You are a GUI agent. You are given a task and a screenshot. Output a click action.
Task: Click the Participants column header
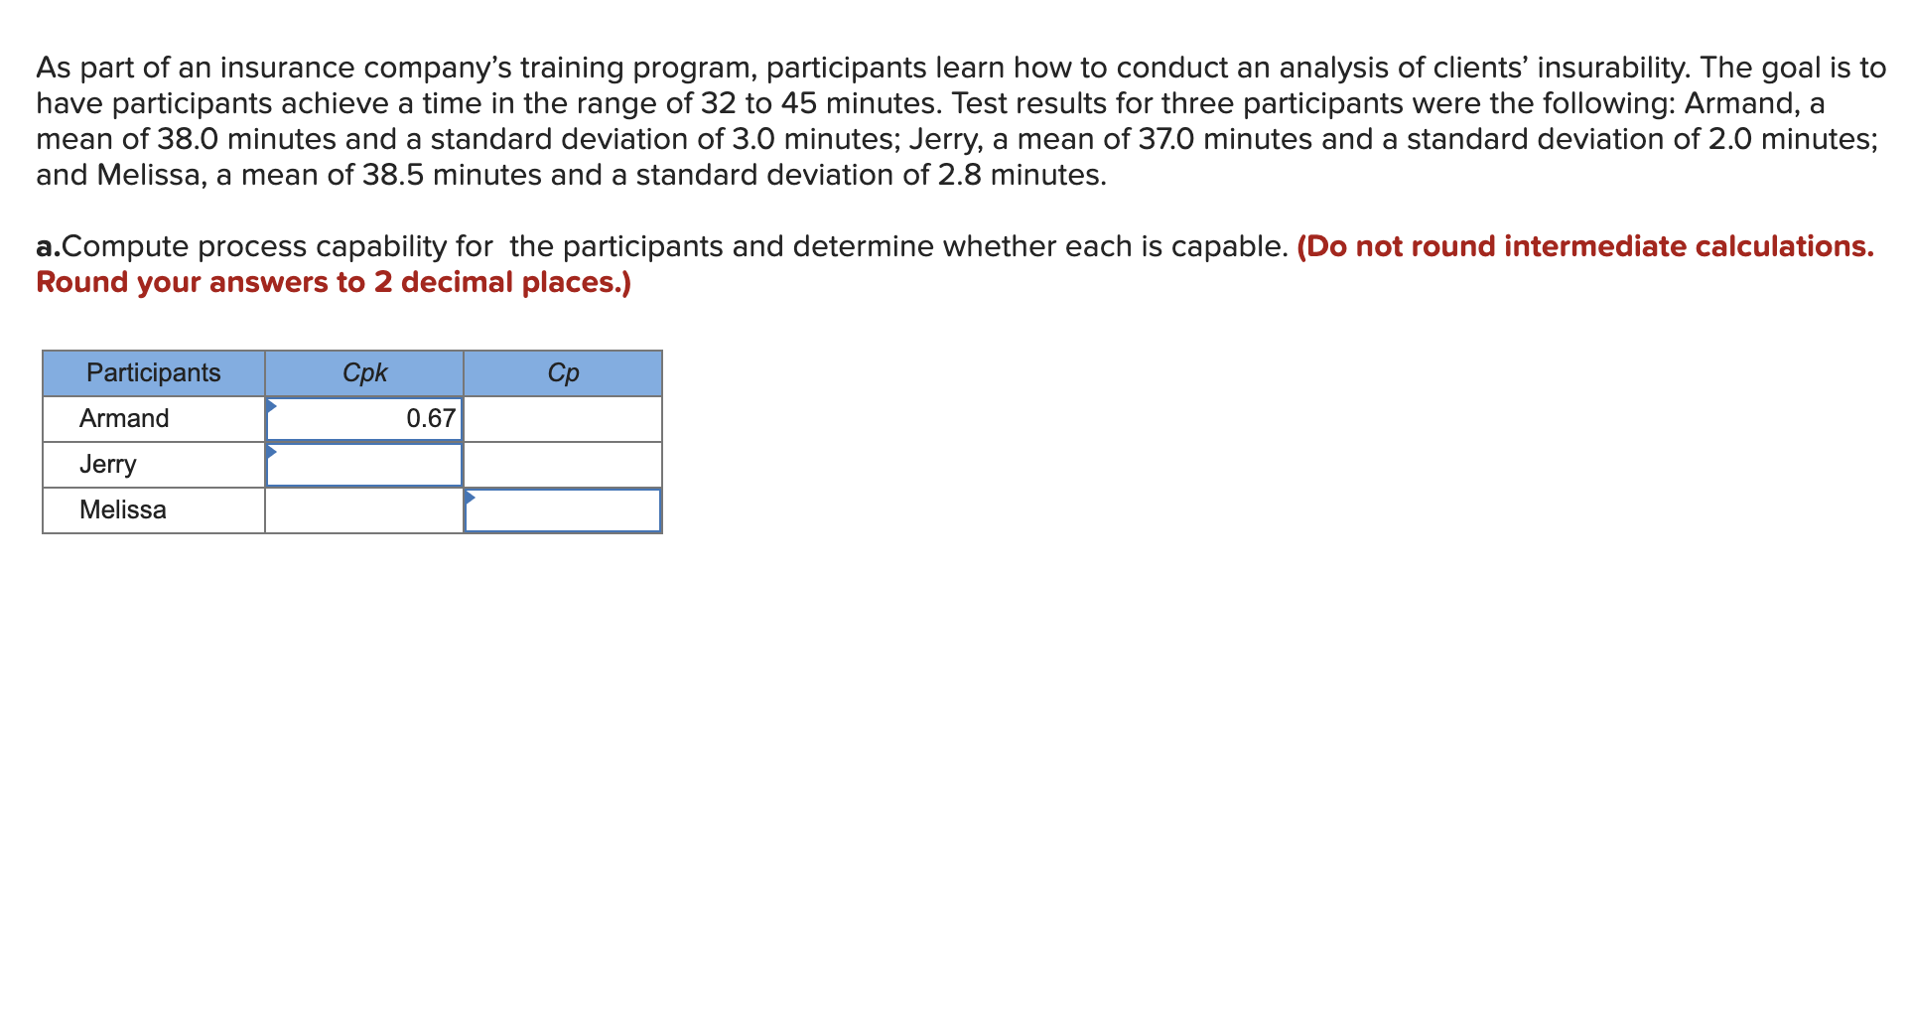coord(154,372)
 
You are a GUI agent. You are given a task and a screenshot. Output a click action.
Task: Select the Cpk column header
coord(364,372)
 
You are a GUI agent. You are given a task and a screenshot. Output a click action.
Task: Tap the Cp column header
coord(563,372)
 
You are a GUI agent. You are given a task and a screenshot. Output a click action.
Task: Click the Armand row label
coord(124,418)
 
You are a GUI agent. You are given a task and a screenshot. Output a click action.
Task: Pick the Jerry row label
coord(108,464)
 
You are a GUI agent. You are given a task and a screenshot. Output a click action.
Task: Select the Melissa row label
coord(123,509)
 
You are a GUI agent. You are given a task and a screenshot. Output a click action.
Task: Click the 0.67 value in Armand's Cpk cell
coord(431,418)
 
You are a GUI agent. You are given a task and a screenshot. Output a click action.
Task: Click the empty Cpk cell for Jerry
coord(364,465)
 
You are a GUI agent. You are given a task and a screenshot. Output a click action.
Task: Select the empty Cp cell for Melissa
coord(563,510)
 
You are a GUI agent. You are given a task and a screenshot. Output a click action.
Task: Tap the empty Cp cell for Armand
coord(563,419)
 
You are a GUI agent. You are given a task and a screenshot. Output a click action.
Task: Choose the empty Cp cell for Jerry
coord(563,465)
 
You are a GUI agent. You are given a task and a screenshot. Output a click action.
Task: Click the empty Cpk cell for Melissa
coord(364,510)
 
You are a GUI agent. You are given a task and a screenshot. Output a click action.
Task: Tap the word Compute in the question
coord(125,246)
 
